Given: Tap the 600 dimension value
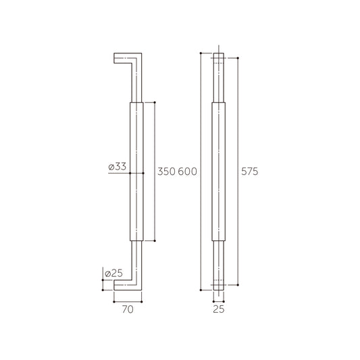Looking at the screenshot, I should point(187,172).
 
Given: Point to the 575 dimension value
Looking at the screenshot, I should point(250,172).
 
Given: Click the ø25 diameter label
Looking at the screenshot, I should point(113,273).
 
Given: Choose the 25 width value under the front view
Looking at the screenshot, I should point(220,310).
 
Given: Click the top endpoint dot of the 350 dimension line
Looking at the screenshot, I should point(156,102).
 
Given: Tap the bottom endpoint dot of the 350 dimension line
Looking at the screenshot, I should point(156,241).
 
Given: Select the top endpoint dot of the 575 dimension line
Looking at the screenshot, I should point(238,57).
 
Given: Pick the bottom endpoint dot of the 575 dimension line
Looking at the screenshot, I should point(238,285).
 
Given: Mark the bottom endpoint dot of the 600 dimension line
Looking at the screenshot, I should point(201,290).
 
